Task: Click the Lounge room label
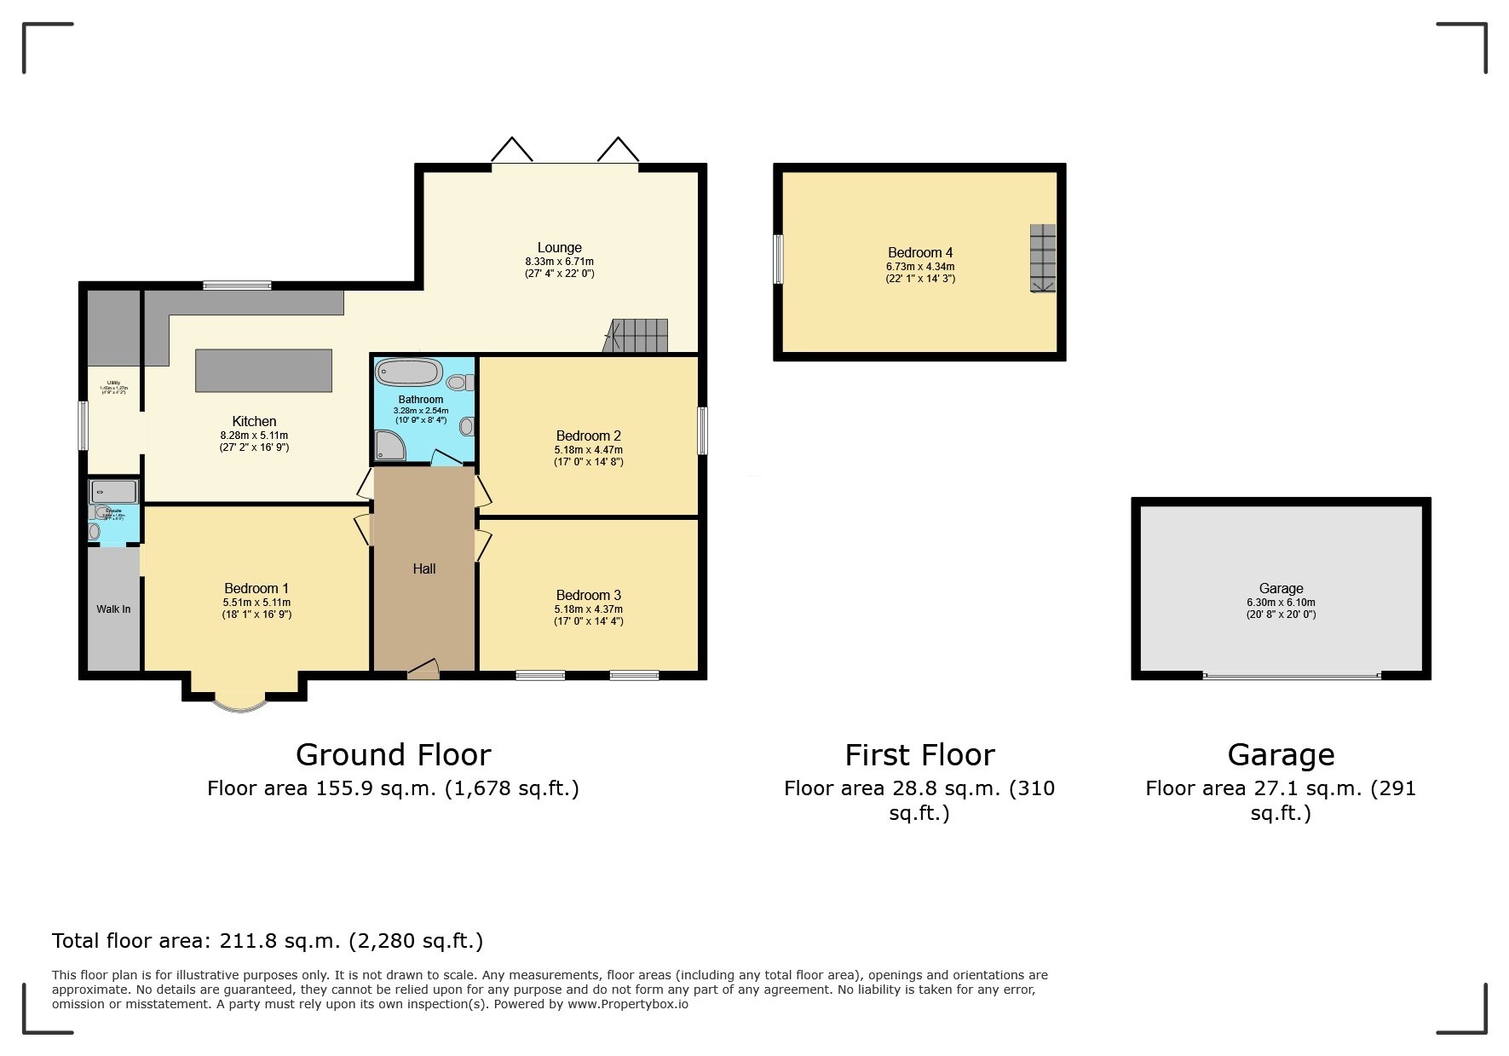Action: pos(559,248)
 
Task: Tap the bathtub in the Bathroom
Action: pos(409,373)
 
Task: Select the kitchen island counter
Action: pos(263,371)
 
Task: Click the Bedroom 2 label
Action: pos(588,436)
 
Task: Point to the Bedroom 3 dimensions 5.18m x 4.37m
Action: pos(588,609)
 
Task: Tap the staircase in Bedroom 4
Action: pos(1042,259)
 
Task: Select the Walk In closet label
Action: pos(113,609)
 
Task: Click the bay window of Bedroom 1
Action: pos(241,704)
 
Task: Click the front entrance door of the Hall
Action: pos(423,672)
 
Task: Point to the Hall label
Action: pos(424,568)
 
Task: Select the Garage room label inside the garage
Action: pos(1281,588)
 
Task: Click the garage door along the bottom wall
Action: pos(1292,677)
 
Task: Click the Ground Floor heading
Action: pos(393,755)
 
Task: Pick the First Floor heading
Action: pos(919,755)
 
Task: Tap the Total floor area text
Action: pos(268,941)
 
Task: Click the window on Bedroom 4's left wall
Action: pos(778,259)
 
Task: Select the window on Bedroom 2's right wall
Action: pos(703,430)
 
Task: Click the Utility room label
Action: pos(113,383)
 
